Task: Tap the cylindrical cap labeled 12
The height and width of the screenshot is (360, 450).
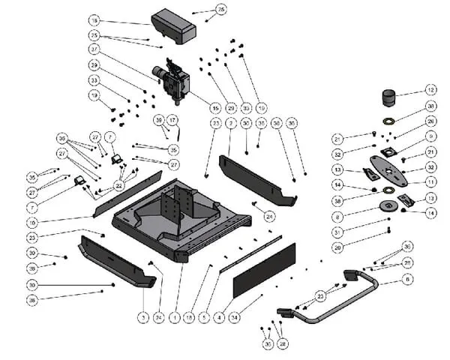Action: pos(389,99)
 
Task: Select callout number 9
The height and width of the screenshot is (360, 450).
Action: pos(430,136)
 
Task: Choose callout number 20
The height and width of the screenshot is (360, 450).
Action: pos(337,247)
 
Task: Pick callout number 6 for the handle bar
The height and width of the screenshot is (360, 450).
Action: pos(408,279)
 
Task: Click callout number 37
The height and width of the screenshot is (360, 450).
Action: pos(94,49)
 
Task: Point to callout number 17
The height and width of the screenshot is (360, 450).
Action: pos(172,120)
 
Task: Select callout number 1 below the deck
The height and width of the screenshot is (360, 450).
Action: pos(174,318)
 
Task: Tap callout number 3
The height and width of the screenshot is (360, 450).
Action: pos(142,318)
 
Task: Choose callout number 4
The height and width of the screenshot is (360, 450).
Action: pos(218,318)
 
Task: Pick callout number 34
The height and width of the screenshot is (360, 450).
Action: pos(234,318)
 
